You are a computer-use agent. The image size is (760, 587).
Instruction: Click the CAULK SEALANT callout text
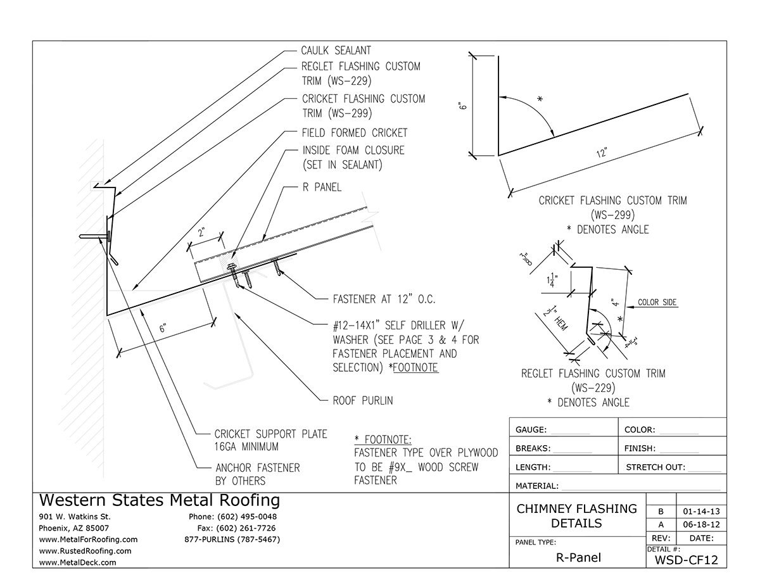(336, 51)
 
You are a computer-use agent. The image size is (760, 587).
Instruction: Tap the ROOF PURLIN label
(364, 401)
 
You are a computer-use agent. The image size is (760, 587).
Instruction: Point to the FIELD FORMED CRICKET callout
(355, 133)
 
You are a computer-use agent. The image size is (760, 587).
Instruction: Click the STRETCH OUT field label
(655, 467)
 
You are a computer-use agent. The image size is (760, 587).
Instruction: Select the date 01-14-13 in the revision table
(701, 511)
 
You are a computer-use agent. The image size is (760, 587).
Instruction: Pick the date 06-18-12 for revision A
(701, 525)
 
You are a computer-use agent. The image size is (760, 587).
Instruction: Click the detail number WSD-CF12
(686, 559)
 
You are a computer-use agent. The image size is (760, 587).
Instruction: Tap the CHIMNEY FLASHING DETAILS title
(577, 515)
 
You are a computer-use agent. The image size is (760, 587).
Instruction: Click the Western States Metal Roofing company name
(159, 500)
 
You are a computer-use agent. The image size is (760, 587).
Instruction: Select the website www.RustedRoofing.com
(85, 551)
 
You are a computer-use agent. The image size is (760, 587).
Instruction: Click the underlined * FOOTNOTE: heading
(383, 439)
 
